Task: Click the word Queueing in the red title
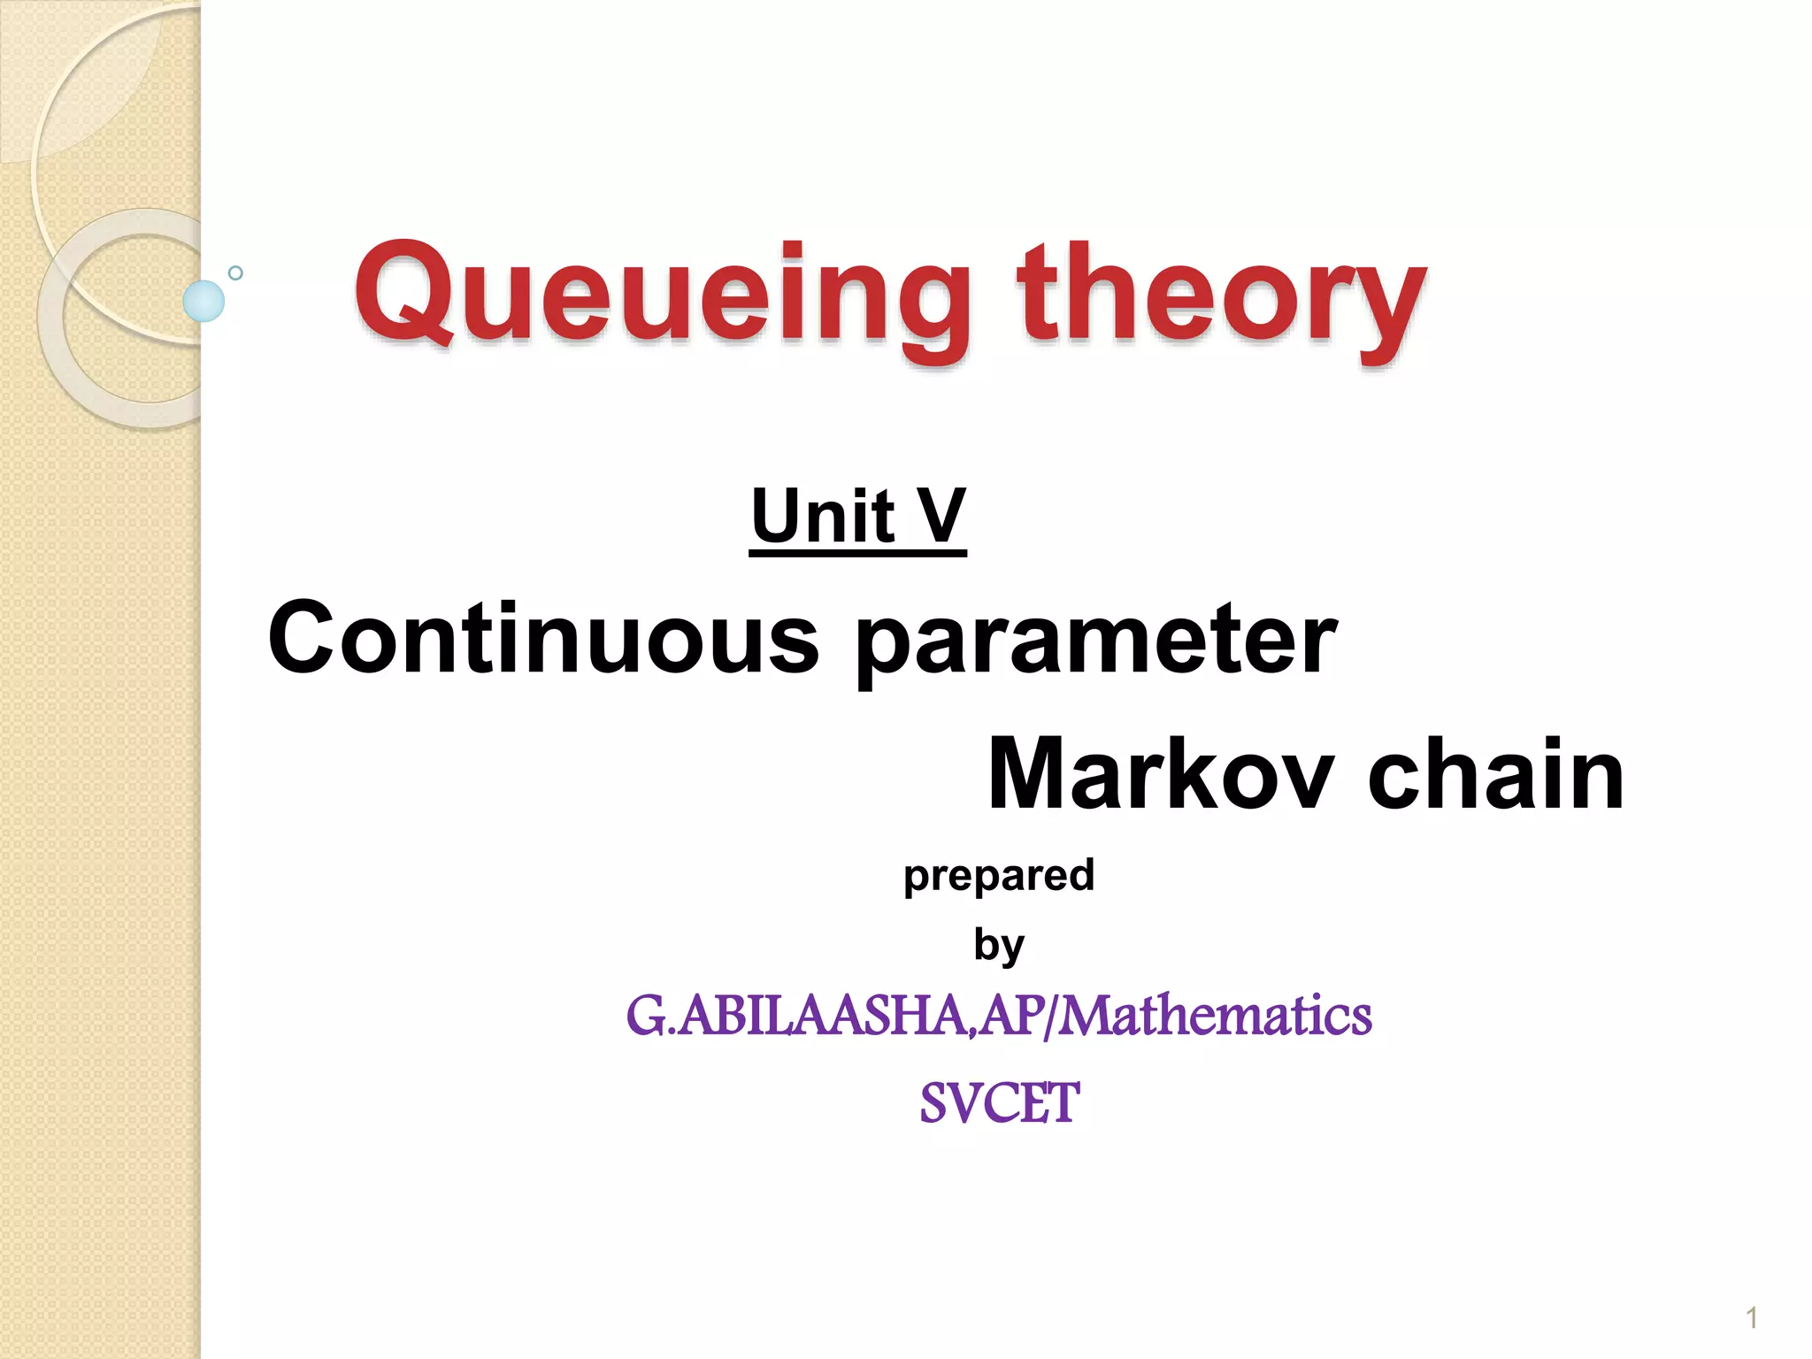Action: coord(663,296)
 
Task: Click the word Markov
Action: coord(1160,774)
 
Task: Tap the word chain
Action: coord(1495,774)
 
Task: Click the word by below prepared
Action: coord(999,946)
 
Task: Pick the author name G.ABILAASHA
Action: coord(796,1016)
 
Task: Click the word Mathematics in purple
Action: coord(1216,1016)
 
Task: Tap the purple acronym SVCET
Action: coord(999,1103)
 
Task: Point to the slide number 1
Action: coord(1752,1319)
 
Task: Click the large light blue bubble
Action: coord(203,301)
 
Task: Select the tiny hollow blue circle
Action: coord(235,273)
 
